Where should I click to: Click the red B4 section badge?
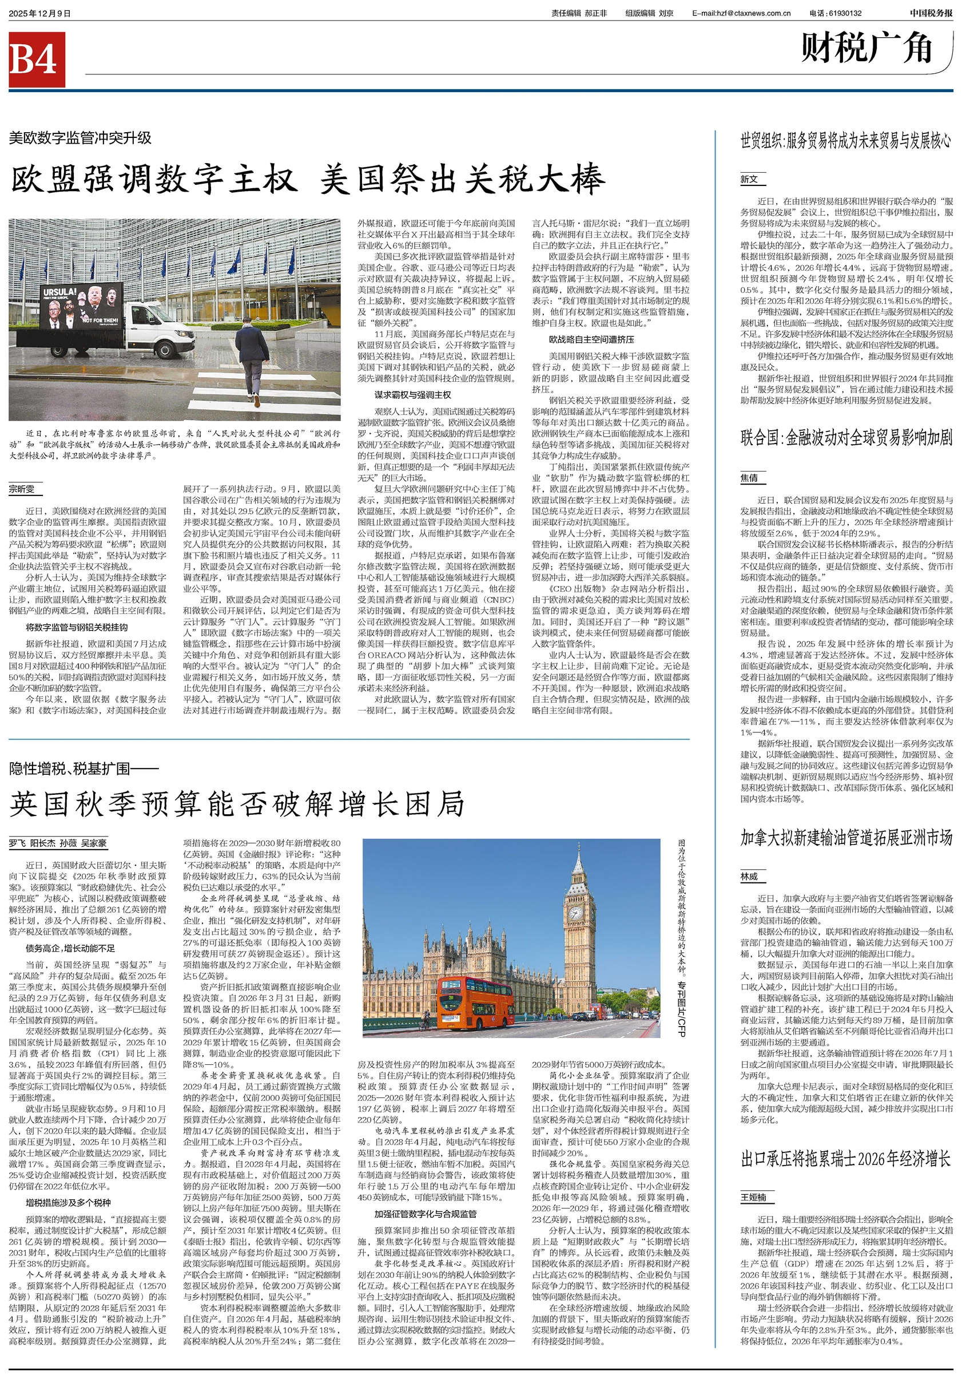(36, 59)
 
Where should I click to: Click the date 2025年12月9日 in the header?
(40, 13)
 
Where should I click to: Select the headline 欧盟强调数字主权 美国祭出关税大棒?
(307, 180)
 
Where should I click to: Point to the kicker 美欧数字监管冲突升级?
(80, 138)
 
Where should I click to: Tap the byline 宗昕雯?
(22, 489)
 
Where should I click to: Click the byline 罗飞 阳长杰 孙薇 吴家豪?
(58, 843)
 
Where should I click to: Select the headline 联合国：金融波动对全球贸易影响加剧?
(846, 438)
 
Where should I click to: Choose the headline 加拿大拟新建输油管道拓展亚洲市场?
(846, 838)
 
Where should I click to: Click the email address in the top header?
(741, 13)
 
